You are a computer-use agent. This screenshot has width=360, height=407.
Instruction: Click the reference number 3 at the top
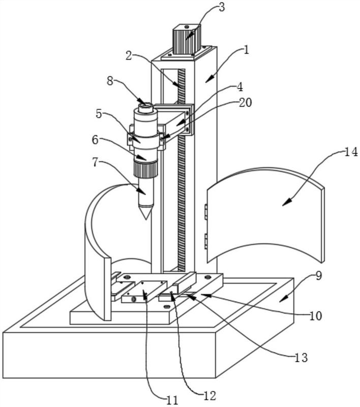(x=222, y=7)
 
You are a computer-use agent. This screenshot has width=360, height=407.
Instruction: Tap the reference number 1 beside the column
(x=246, y=49)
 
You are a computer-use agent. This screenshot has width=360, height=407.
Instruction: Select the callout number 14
(x=351, y=152)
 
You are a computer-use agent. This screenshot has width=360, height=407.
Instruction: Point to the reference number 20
(x=245, y=103)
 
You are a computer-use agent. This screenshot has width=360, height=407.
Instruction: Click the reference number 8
(x=110, y=81)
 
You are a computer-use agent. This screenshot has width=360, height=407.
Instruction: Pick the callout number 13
(x=301, y=358)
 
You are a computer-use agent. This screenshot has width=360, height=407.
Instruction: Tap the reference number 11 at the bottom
(x=172, y=400)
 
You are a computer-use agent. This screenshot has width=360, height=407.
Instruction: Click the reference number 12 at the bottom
(x=209, y=396)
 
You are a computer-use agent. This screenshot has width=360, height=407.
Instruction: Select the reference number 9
(x=318, y=276)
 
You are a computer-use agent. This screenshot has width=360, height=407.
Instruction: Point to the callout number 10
(x=316, y=316)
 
